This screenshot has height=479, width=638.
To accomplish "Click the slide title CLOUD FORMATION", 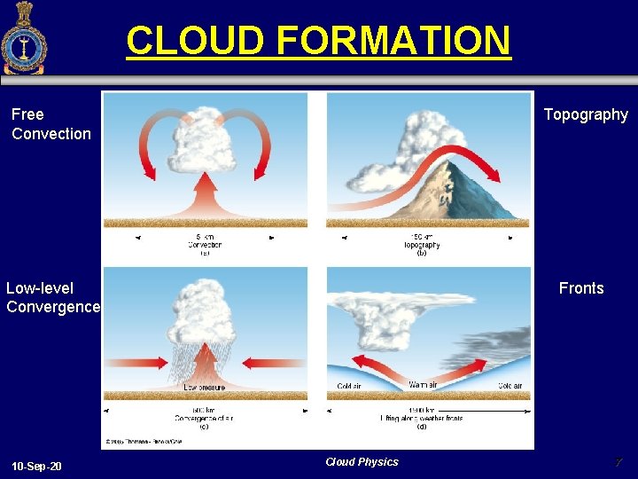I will (318, 41).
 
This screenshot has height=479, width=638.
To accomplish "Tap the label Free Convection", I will (51, 124).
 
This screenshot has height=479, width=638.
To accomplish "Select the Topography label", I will (586, 114).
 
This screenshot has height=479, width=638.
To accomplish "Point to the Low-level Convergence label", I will (52, 298).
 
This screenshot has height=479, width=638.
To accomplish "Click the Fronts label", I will (580, 288).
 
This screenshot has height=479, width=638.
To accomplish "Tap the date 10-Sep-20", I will (37, 466).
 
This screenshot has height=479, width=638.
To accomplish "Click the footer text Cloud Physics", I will (362, 461).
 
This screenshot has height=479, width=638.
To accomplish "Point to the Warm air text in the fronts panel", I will (424, 385).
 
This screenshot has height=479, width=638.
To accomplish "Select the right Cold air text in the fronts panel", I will (510, 385).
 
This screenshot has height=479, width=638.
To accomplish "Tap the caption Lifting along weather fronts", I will (422, 418).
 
